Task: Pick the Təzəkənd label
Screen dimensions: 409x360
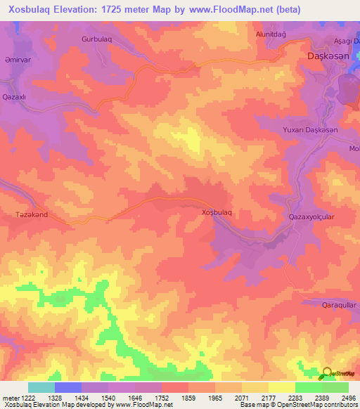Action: pos(32,214)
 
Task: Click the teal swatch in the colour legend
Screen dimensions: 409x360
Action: pos(41,387)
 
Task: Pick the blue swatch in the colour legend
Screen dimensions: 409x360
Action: pos(68,387)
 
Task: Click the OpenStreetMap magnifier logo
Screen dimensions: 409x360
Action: pos(327,373)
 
